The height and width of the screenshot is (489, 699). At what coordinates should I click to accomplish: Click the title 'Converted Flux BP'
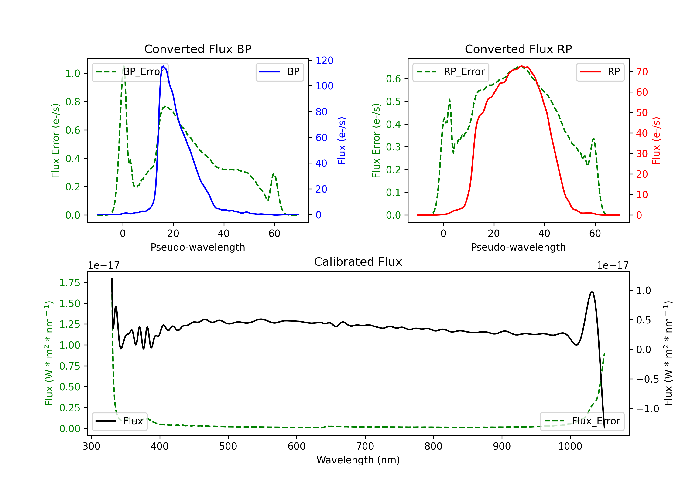coord(198,49)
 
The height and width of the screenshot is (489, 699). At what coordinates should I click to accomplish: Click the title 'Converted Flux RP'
coord(518,49)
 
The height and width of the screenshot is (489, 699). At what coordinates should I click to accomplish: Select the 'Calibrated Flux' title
coord(358,262)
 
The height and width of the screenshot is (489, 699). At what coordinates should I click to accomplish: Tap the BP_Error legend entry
coord(130,72)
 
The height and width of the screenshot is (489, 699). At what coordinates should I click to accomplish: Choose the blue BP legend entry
coord(279,72)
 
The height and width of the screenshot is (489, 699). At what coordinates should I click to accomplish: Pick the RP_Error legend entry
coord(451,72)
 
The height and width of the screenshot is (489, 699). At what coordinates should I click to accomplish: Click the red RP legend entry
coord(600,72)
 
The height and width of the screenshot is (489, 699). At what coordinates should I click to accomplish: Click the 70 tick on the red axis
coord(642,72)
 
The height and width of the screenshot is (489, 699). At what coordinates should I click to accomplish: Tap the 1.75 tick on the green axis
coord(70,283)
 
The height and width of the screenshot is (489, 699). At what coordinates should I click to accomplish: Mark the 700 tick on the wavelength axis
coord(365,446)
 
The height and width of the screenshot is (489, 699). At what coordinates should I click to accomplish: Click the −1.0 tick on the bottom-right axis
coord(648,409)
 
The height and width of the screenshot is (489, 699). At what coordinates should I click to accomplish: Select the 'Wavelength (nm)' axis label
coord(358,460)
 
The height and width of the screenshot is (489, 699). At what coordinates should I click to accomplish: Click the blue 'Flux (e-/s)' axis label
coord(342,141)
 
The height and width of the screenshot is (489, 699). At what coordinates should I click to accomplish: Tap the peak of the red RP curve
coord(521,66)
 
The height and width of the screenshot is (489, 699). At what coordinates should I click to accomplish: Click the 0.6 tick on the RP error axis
coord(393,79)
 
